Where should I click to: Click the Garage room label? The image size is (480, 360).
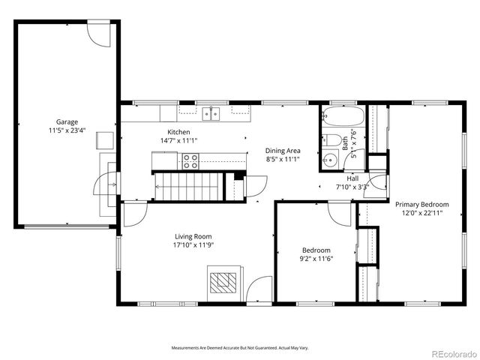66,121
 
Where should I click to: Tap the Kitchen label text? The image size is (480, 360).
168,132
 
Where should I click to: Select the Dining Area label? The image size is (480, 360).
283,149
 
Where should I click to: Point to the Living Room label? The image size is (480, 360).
183,236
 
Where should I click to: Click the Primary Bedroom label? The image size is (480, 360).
422,204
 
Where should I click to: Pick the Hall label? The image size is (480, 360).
352,178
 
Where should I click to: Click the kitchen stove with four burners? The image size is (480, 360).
190,160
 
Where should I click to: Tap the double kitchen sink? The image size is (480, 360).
211,113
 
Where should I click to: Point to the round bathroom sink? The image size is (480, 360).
330,159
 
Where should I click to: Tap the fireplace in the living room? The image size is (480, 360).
223,283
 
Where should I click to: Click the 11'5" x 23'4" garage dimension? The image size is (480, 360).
66,130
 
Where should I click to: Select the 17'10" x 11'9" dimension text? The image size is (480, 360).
183,244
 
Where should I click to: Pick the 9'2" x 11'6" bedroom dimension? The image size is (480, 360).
316,259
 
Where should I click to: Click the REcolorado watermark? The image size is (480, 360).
452,353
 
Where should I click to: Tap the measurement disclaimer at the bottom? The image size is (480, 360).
240,348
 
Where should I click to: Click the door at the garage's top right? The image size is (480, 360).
99,33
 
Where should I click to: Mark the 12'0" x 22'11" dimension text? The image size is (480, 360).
422,212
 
